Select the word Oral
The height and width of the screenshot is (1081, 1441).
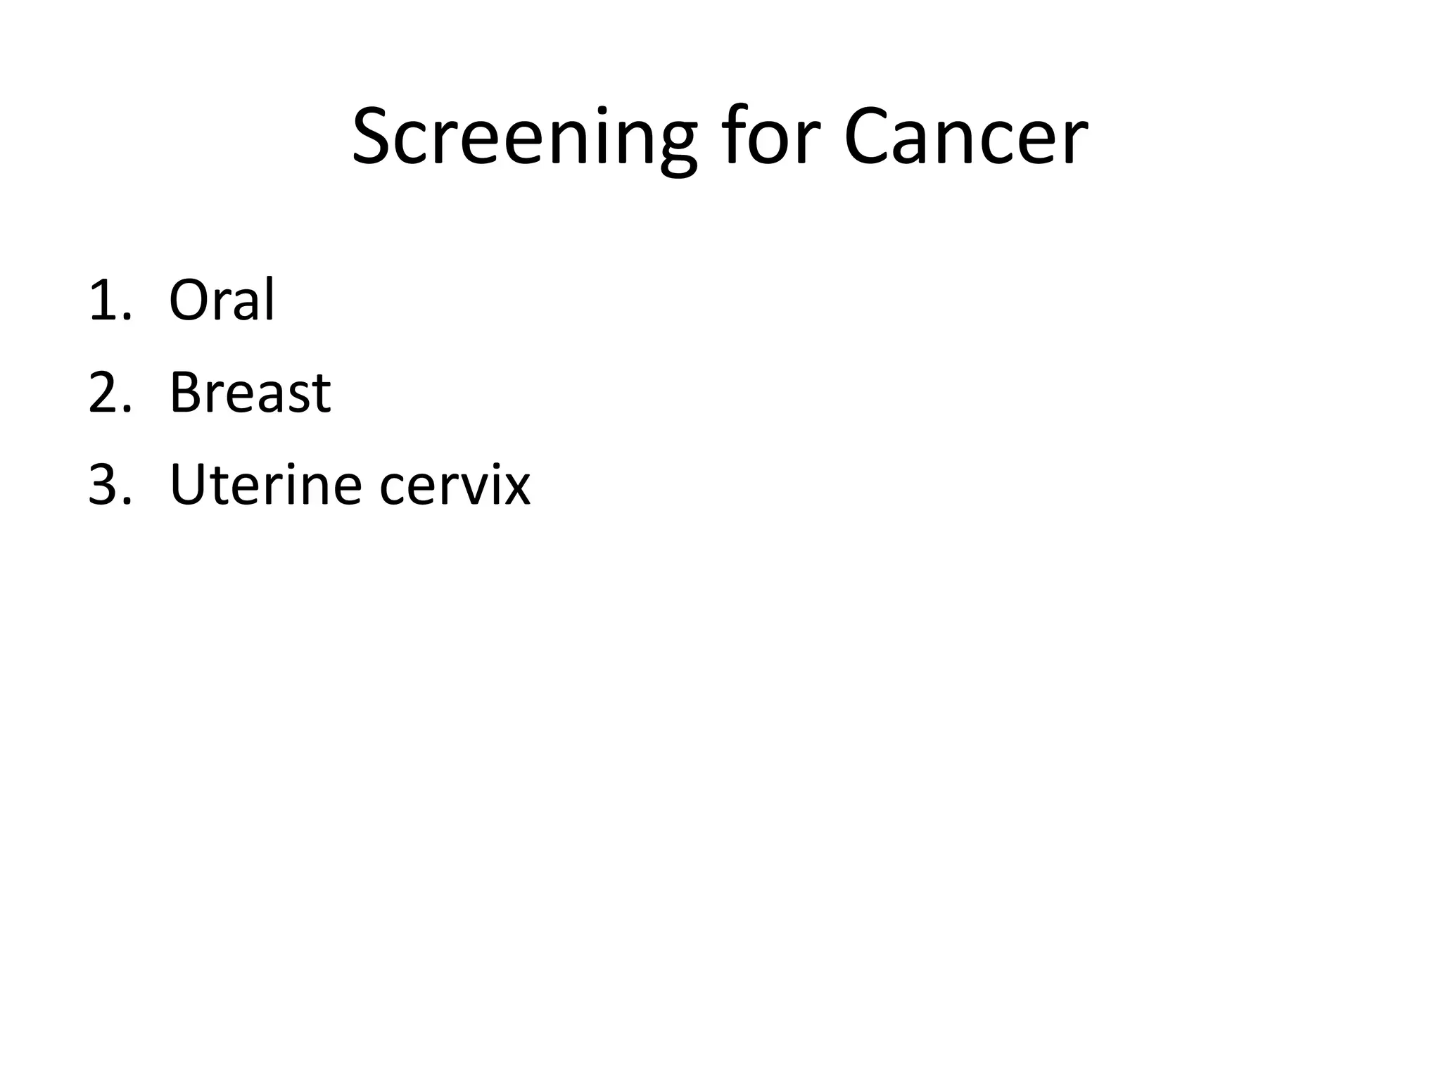(x=222, y=300)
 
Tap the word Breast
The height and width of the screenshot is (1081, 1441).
(x=250, y=393)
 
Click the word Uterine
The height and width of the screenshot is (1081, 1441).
(x=266, y=485)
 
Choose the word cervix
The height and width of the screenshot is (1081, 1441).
(x=455, y=486)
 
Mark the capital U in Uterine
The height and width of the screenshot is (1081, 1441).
(x=188, y=485)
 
